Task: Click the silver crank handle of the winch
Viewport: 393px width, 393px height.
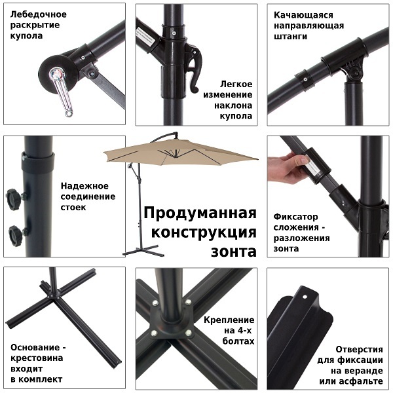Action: (x=61, y=92)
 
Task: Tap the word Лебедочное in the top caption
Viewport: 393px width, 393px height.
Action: (x=39, y=14)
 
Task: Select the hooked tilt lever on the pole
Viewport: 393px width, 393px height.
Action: (x=194, y=67)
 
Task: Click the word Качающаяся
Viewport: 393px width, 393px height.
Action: (x=303, y=15)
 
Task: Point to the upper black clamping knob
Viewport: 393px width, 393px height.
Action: (x=14, y=199)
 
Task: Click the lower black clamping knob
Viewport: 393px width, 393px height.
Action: (x=16, y=236)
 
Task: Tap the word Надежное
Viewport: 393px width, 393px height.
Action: (x=84, y=186)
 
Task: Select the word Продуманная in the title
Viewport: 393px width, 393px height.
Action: (x=200, y=213)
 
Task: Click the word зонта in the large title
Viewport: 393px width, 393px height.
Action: (x=234, y=252)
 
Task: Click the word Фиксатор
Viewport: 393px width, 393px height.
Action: (x=295, y=217)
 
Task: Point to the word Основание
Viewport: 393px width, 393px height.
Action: (x=35, y=348)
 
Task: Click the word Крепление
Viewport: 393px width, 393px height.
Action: (x=229, y=320)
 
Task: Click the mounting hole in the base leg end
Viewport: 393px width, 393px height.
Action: (x=305, y=297)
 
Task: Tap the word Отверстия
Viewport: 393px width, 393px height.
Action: (x=359, y=349)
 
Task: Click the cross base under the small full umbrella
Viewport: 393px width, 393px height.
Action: (x=143, y=251)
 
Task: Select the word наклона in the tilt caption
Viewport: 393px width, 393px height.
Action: (x=233, y=105)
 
